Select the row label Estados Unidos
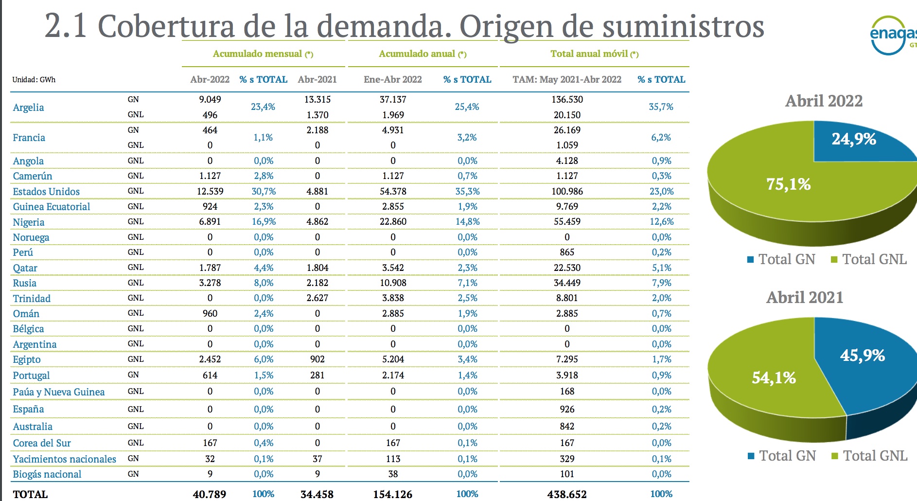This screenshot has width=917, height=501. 46,192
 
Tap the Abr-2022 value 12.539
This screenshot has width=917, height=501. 210,192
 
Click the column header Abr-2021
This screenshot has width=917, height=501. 317,80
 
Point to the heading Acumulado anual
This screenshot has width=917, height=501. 422,54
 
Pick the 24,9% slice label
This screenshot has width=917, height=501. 854,140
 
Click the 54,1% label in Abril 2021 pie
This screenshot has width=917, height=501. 774,378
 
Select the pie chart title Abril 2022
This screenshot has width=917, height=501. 824,101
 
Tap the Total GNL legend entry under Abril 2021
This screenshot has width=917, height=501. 869,456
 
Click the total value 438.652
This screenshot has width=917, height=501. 567,494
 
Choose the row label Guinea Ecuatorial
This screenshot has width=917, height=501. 52,207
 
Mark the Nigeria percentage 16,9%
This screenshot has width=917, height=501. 264,222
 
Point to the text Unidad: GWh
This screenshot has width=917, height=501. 34,80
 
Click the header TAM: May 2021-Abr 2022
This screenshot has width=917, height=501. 567,80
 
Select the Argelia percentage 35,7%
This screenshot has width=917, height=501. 661,107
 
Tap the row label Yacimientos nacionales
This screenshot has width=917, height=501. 65,459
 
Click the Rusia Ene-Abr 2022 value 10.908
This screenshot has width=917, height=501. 393,283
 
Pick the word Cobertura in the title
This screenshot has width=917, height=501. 166,26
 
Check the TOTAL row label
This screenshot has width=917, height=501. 30,494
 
